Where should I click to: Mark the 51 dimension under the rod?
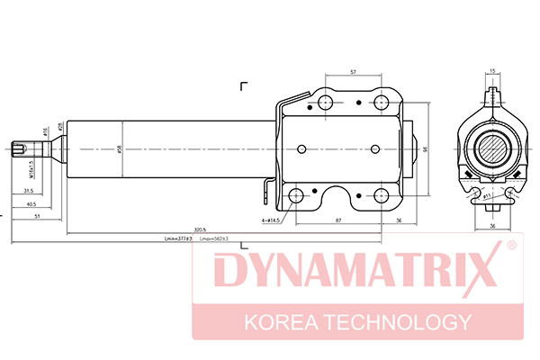(x=36, y=217)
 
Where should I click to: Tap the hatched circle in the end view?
(x=493, y=148)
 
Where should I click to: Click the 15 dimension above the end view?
(x=493, y=70)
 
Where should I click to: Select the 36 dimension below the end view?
(x=493, y=227)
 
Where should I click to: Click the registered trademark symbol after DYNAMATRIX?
(x=510, y=246)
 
